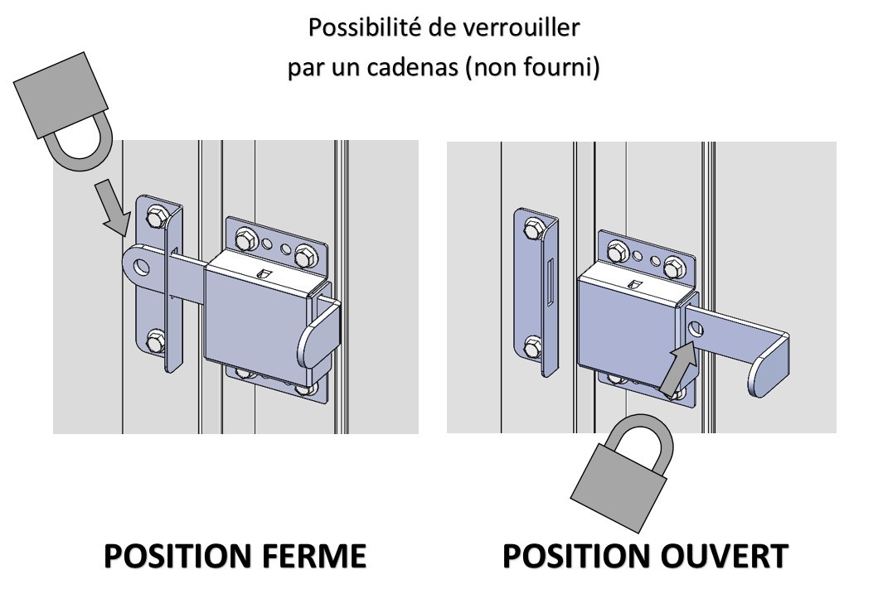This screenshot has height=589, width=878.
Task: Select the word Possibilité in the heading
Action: [365, 27]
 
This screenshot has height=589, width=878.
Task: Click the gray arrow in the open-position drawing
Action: [679, 370]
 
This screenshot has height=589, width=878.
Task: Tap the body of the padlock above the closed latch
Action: [61, 94]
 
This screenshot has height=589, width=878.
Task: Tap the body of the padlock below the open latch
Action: [618, 487]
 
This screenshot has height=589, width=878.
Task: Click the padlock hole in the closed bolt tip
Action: [142, 267]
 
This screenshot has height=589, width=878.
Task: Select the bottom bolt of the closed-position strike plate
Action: [155, 341]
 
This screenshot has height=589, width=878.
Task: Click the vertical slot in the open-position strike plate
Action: [550, 283]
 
